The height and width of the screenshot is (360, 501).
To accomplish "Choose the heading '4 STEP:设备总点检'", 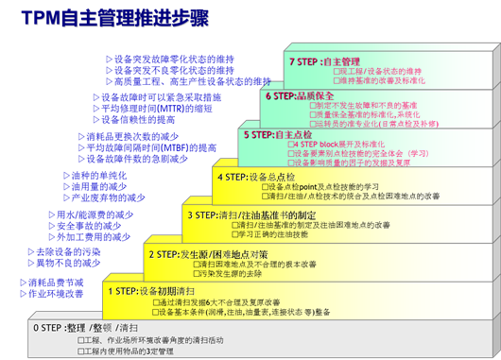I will pyautogui.click(x=258, y=176).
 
